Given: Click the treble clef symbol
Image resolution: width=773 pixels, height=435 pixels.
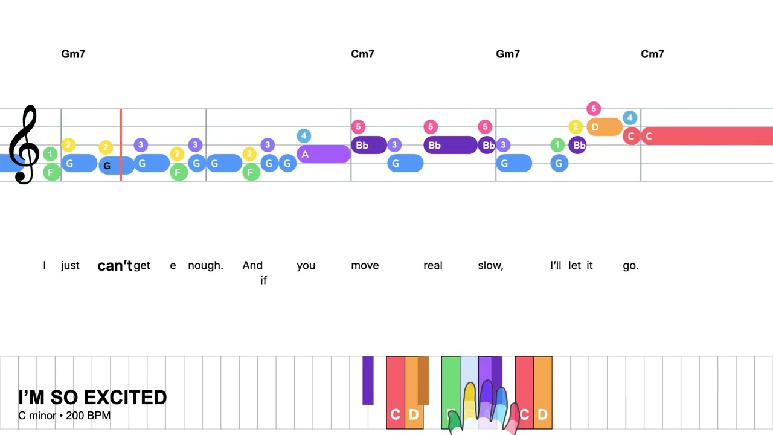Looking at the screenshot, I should coord(24,145).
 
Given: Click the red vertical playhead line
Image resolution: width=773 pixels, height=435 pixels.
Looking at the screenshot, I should coord(121,145).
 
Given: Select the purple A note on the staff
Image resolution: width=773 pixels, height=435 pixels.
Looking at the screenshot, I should coord(323,155).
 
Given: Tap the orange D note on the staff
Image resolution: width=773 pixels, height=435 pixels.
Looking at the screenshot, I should coord(604,127).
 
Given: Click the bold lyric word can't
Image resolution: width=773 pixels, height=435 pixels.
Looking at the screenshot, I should coord(115,266).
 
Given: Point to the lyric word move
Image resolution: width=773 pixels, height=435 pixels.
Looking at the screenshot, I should coord(365,265).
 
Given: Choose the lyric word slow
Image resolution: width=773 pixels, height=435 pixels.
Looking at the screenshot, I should coord(490,265).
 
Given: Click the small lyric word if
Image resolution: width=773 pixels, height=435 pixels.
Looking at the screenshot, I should coord(263,280).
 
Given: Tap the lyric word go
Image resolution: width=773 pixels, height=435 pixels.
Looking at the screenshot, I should coord(630,265).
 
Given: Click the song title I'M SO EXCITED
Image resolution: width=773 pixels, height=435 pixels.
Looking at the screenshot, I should coord(92,398).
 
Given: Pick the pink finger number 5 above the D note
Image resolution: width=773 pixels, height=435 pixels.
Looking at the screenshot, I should coord(594,109).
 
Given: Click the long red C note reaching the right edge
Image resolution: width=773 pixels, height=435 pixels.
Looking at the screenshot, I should coord(707,136).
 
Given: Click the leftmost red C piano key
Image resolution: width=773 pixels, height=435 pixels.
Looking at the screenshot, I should coord(395,393).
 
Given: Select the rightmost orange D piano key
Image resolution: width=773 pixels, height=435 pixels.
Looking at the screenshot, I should coord(542,393).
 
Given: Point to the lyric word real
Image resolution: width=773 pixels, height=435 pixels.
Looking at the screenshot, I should coord(433,265).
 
